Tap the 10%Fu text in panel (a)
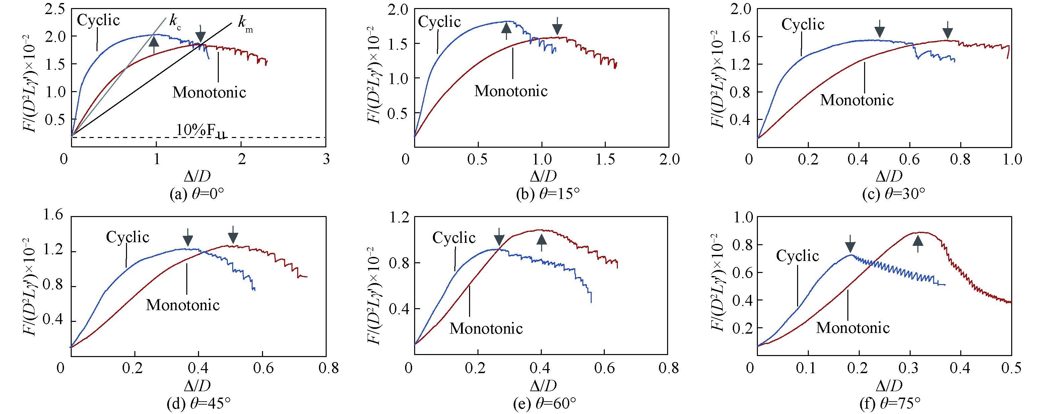click(x=200, y=130)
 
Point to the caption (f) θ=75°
click(x=890, y=403)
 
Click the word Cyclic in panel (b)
click(x=439, y=22)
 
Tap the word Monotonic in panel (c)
click(x=857, y=100)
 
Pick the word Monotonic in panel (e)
click(x=486, y=329)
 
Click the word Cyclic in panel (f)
click(x=797, y=256)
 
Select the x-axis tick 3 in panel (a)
click(x=326, y=159)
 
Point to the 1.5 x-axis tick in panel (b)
click(x=605, y=159)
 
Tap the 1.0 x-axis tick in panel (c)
click(x=1012, y=159)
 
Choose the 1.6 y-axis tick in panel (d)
click(x=53, y=214)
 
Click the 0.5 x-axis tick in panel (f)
click(x=1012, y=368)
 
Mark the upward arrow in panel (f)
click(x=918, y=243)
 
